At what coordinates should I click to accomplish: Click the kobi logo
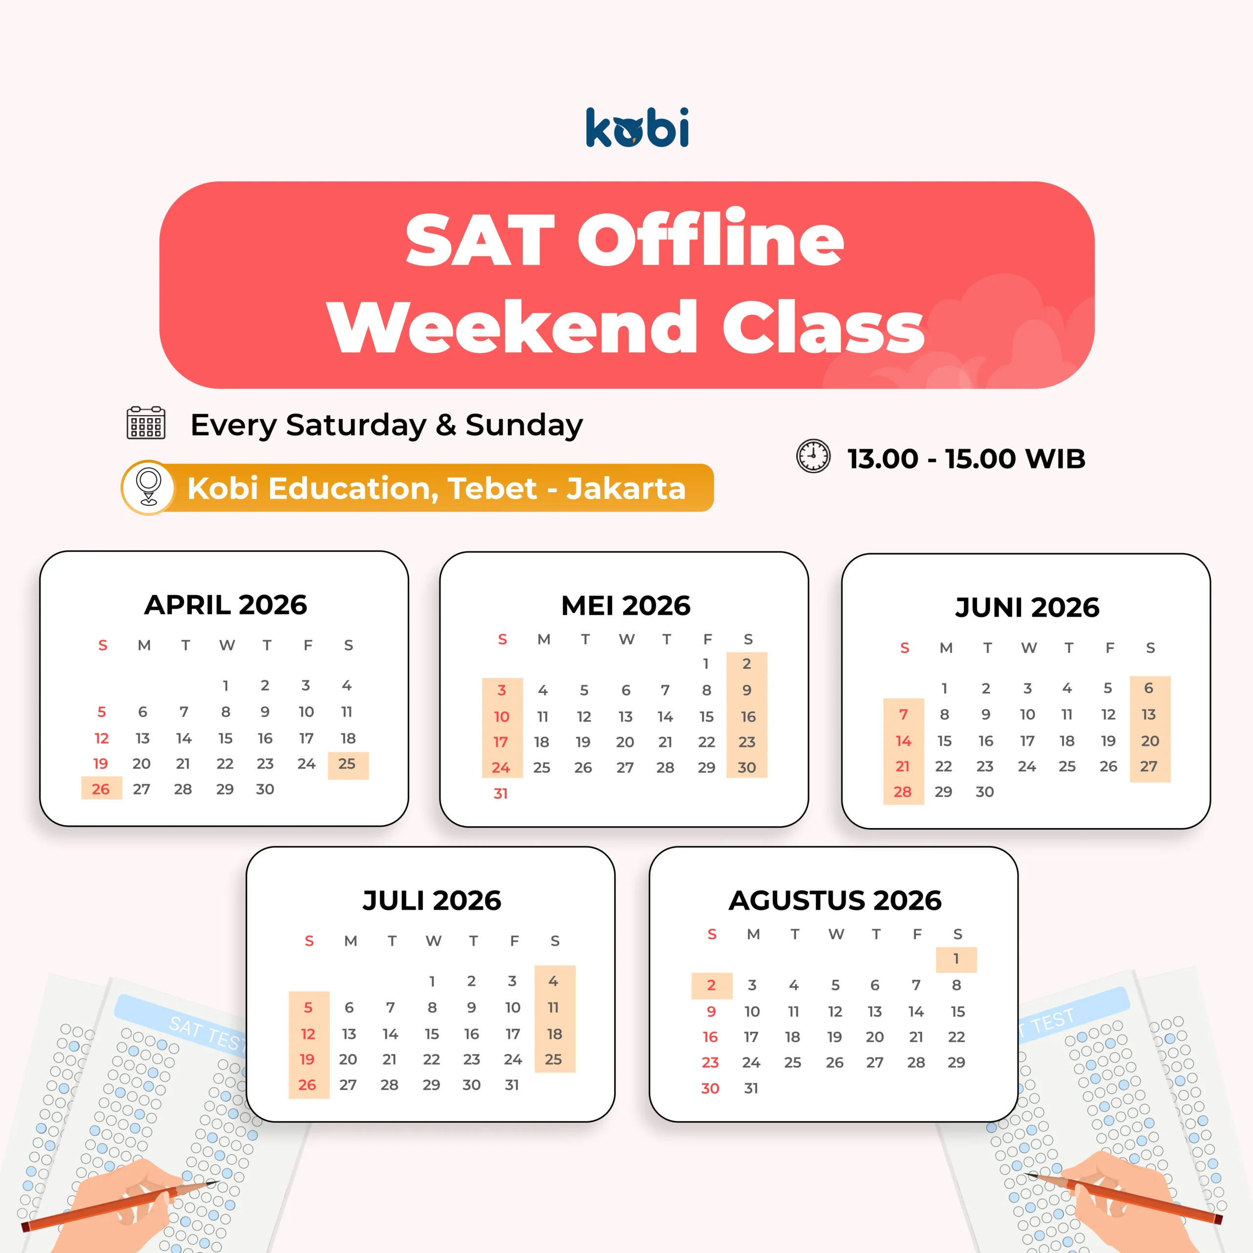637,127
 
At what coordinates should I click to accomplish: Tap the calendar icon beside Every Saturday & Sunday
146,423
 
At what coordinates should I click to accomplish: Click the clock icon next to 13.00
813,456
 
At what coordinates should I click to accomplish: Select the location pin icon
148,487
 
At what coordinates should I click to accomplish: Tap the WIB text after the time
1056,459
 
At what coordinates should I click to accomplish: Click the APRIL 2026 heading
226,604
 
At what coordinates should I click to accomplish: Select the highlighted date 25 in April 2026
347,764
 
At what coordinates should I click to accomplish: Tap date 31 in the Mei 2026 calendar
501,794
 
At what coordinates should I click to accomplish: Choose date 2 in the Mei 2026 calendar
747,664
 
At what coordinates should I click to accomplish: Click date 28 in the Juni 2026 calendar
902,792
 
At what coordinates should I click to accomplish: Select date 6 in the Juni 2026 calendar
1149,688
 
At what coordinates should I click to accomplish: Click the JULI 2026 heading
432,900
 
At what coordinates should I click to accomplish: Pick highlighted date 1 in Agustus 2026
956,958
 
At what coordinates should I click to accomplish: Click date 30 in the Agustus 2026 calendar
710,1088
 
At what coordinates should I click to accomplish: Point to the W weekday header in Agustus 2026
836,934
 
